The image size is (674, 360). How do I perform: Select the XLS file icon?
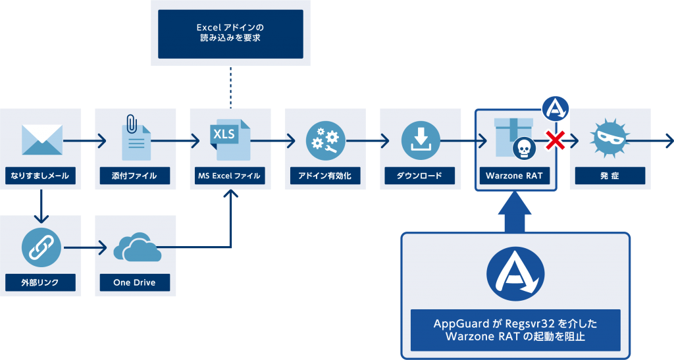pos(230,139)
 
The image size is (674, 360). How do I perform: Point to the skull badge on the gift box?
pos(524,149)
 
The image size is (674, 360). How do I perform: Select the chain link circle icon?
pos(40,247)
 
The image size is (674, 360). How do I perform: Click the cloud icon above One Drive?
pos(136,249)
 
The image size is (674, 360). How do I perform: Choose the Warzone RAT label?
pos(515,176)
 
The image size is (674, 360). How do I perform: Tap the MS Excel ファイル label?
pos(230,176)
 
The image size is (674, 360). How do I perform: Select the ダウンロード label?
pos(421,176)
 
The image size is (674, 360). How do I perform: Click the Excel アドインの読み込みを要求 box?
pos(230,34)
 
